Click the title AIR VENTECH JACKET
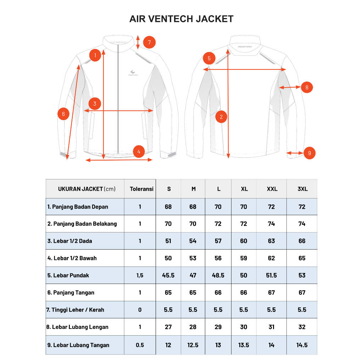pyautogui.click(x=181, y=19)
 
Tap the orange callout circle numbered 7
pyautogui.click(x=149, y=43)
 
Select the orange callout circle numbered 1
pyautogui.click(x=95, y=55)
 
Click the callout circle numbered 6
pyautogui.click(x=63, y=114)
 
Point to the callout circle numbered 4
pyautogui.click(x=139, y=152)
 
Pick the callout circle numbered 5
pyautogui.click(x=209, y=58)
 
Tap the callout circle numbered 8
pyautogui.click(x=307, y=87)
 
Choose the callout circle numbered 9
pyautogui.click(x=309, y=153)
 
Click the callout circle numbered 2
pyautogui.click(x=222, y=117)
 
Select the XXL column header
pyautogui.click(x=272, y=189)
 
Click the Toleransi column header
pyautogui.click(x=141, y=189)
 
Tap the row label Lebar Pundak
pyautogui.click(x=68, y=275)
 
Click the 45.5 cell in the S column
pyautogui.click(x=168, y=275)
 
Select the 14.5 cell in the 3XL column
pyautogui.click(x=302, y=345)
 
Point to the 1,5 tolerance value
pyautogui.click(x=140, y=275)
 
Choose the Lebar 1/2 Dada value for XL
pyautogui.click(x=244, y=241)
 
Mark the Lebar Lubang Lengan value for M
pyautogui.click(x=193, y=327)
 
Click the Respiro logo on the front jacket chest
pyautogui.click(x=133, y=72)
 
